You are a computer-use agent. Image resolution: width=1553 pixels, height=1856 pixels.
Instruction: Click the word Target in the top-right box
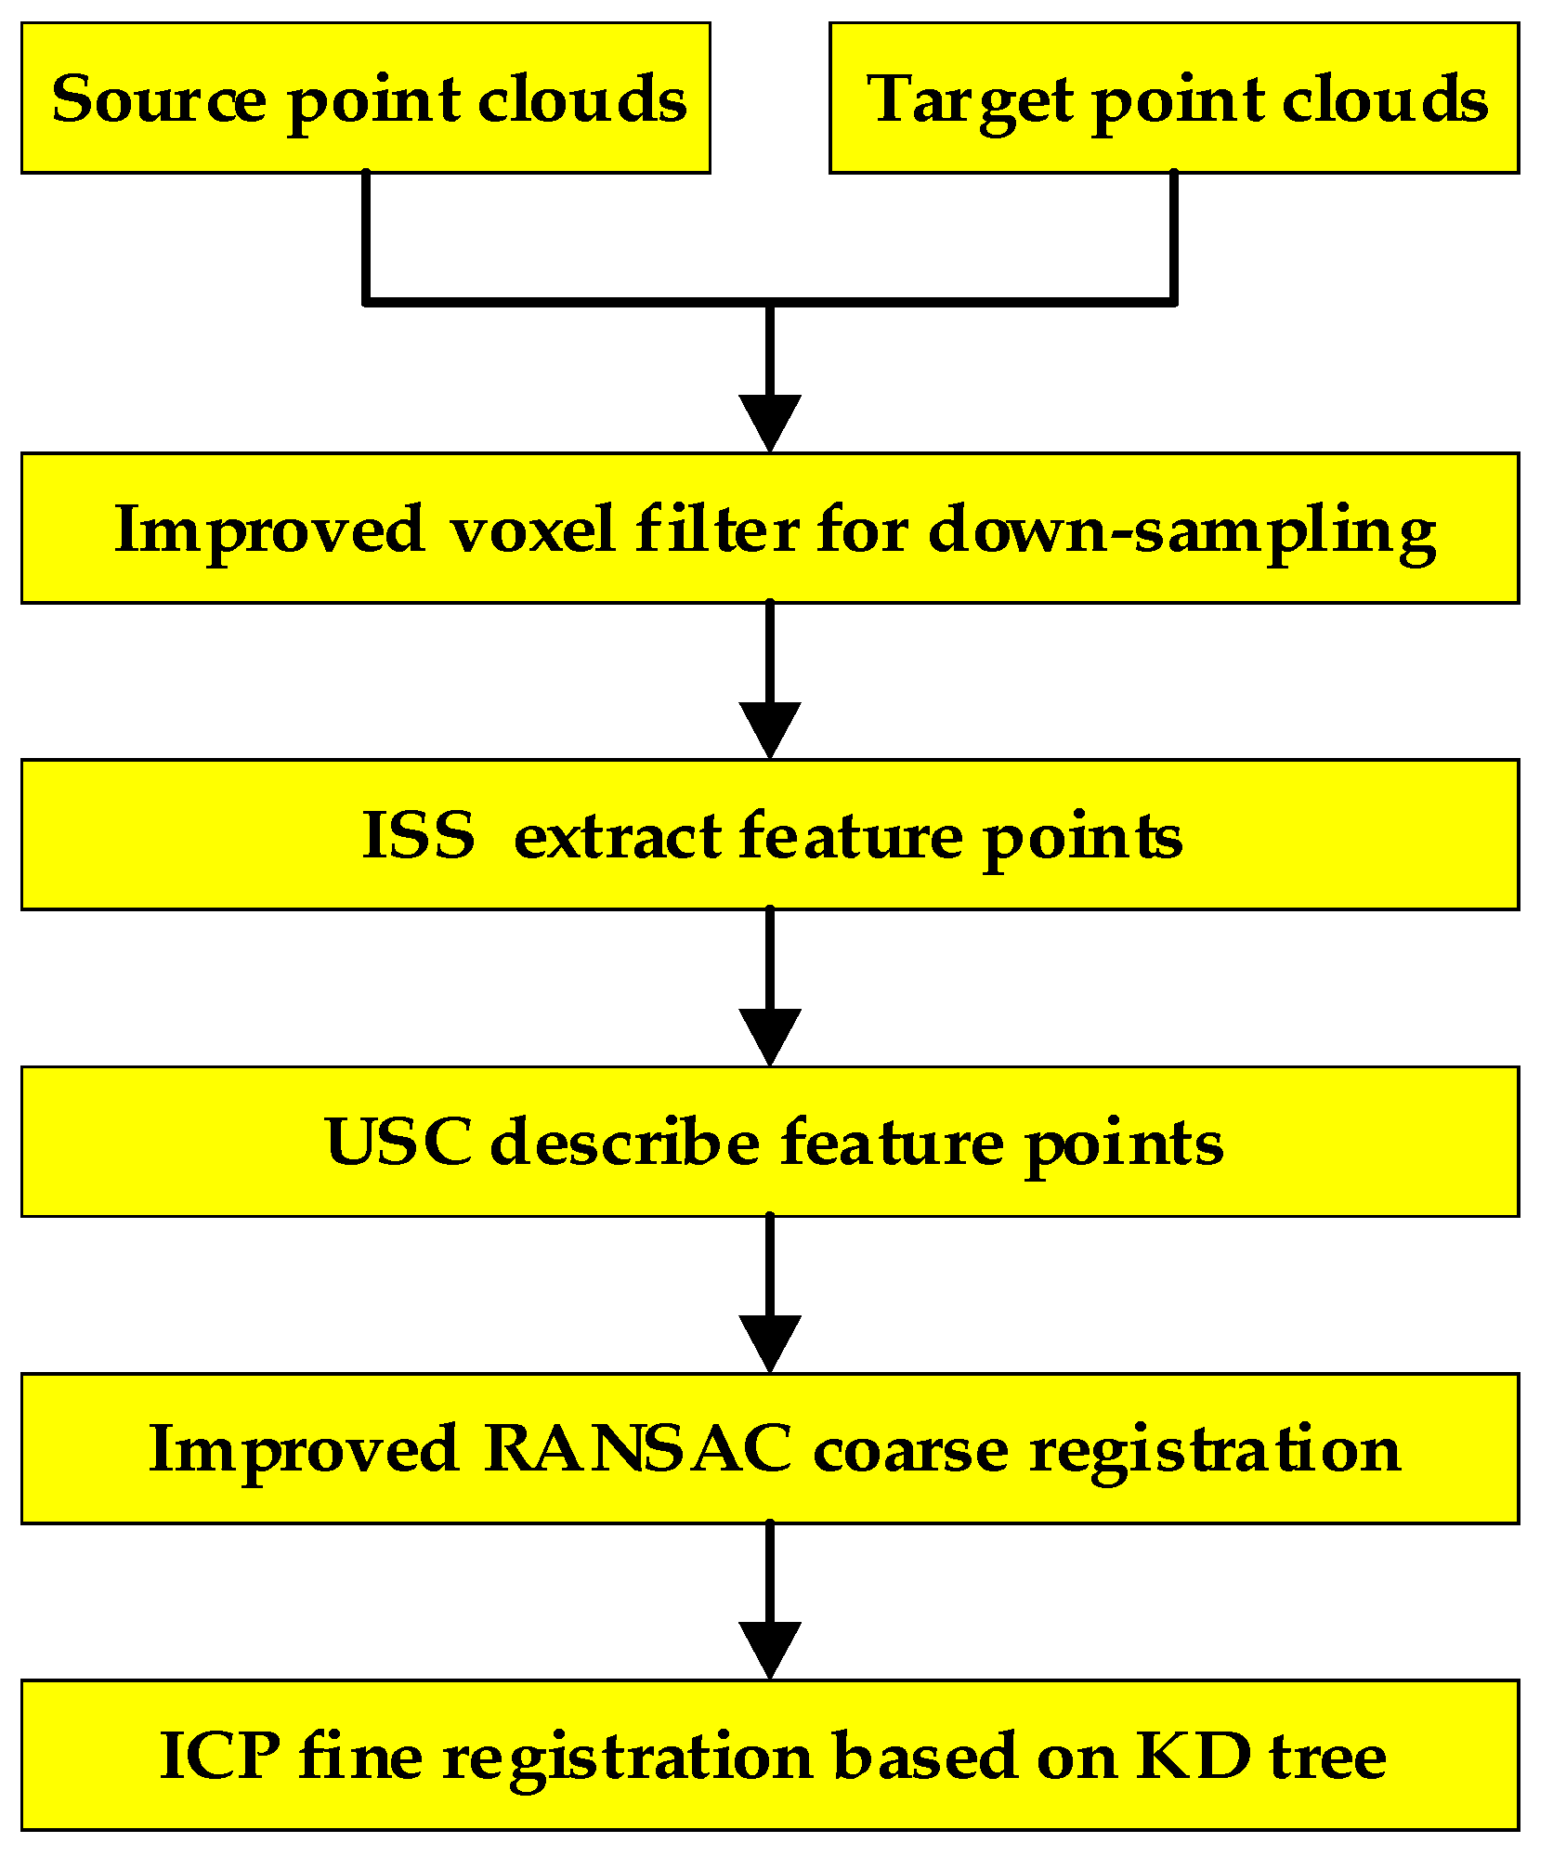(970, 100)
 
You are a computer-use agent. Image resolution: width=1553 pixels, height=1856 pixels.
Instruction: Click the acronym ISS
(418, 835)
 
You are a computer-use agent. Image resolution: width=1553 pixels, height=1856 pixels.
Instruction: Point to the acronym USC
(398, 1142)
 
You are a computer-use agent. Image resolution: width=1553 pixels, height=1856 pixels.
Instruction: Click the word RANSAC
(637, 1448)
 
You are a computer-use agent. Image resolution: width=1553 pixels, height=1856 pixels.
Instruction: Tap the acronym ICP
(219, 1755)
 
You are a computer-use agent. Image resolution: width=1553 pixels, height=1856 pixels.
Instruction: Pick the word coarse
(910, 1449)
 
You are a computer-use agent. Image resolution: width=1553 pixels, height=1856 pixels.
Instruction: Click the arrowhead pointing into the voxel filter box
(770, 423)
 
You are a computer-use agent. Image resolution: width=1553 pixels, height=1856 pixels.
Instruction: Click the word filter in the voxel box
(717, 529)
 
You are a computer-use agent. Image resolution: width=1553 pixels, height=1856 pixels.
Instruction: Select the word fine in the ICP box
(360, 1755)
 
